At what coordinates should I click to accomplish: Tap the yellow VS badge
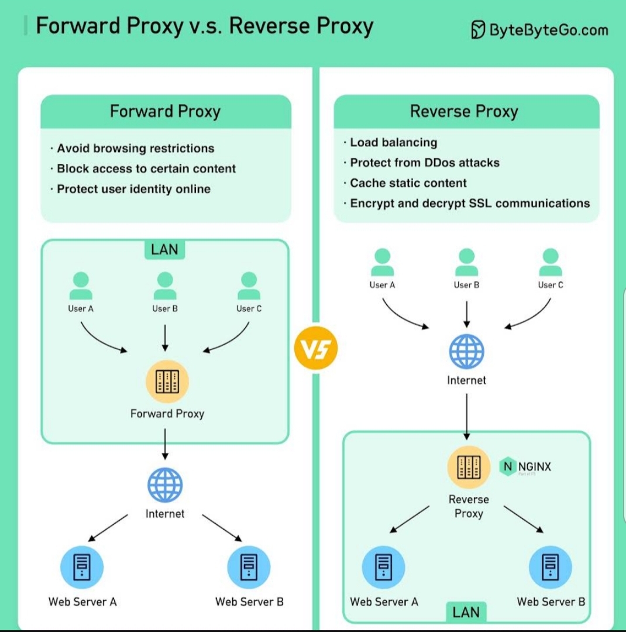[316, 349]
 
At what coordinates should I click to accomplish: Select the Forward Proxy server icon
[167, 382]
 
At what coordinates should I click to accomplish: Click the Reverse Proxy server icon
[469, 467]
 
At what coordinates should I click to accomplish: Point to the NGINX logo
[525, 467]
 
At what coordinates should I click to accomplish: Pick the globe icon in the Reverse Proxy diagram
[466, 351]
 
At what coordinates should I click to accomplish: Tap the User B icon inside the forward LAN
[165, 286]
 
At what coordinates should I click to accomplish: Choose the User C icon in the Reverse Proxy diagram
[551, 263]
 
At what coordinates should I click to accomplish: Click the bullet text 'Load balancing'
[393, 142]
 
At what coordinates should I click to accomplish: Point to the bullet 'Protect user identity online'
[133, 189]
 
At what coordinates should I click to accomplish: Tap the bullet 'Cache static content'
[408, 183]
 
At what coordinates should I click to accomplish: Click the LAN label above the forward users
[164, 249]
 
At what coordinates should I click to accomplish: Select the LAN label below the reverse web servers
[466, 613]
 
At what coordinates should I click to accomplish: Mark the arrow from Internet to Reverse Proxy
[466, 417]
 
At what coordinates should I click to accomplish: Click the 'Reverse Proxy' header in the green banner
[464, 111]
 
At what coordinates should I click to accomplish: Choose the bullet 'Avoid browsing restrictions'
[135, 149]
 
